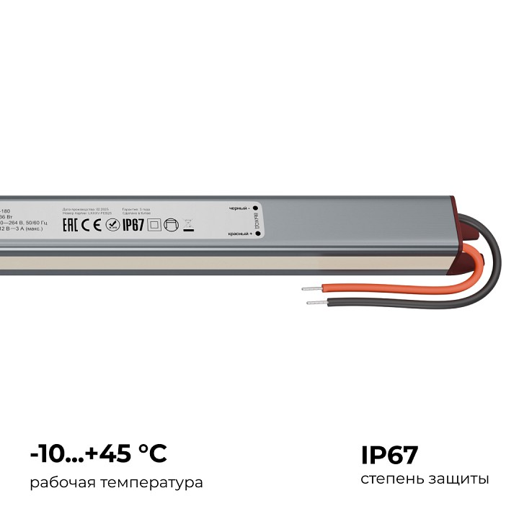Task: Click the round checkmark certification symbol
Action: click(112, 225)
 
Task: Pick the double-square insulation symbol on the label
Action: click(153, 225)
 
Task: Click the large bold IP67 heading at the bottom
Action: click(389, 456)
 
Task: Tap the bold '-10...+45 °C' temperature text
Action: click(99, 454)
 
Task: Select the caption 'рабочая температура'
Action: click(116, 482)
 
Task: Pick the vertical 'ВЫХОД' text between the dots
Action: click(255, 226)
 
